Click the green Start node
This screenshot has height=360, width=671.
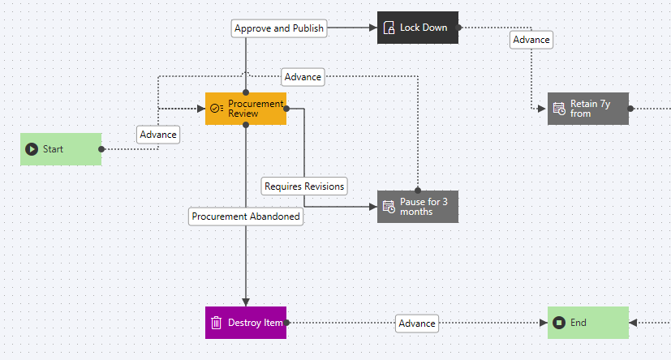(x=61, y=149)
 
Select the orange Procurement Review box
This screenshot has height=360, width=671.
(x=246, y=109)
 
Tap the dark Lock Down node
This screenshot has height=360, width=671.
(x=418, y=28)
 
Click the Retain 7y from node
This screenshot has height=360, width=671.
(x=588, y=109)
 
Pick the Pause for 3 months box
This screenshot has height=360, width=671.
(x=418, y=207)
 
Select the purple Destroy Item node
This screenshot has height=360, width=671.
(x=246, y=323)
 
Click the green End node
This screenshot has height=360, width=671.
(x=588, y=323)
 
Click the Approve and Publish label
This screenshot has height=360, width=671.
(x=279, y=28)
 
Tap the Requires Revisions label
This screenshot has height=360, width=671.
(x=304, y=186)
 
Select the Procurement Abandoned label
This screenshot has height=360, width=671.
(x=246, y=216)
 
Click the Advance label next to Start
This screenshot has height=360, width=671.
(x=158, y=135)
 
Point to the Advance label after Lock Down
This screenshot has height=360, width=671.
(x=531, y=40)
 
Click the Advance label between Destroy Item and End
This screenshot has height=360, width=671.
(x=417, y=324)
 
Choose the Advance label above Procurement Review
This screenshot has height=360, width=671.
(x=303, y=77)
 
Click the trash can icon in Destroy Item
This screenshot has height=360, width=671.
(x=217, y=323)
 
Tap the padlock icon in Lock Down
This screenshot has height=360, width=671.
(x=389, y=28)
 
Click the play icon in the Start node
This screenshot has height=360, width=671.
(x=32, y=149)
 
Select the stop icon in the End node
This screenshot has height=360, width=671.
(x=559, y=323)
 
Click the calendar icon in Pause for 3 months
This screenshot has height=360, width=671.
(x=389, y=207)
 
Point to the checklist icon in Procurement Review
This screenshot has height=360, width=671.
(x=217, y=109)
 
